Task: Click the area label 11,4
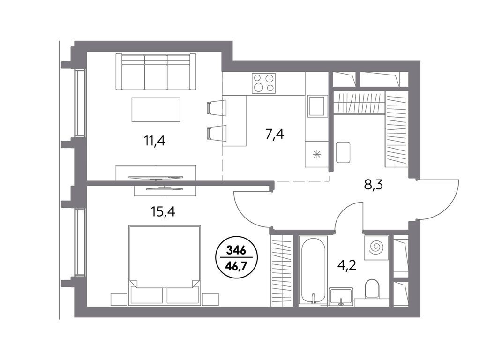point(155,140)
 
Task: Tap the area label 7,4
point(274,135)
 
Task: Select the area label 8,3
point(373,185)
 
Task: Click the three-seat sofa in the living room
point(156,72)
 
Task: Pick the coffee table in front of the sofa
point(156,109)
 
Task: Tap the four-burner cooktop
point(263,83)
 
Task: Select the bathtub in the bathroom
point(313,271)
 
